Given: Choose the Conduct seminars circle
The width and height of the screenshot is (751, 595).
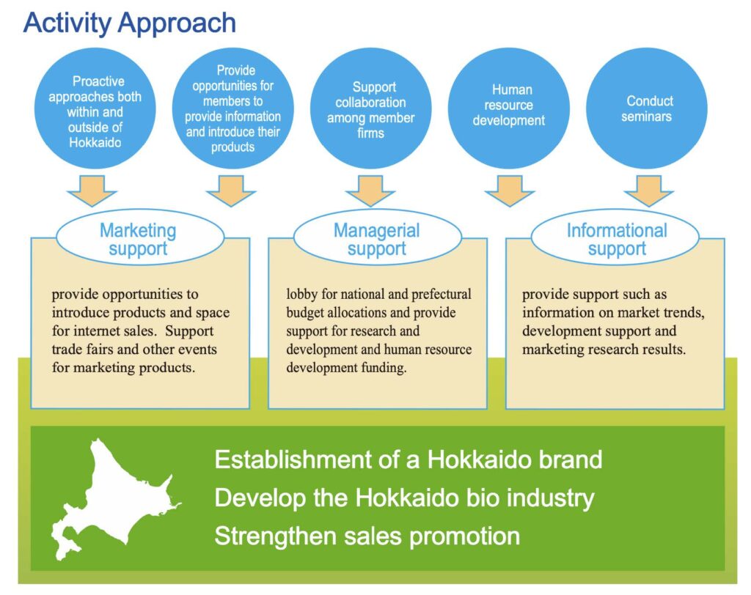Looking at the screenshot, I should coord(649,108).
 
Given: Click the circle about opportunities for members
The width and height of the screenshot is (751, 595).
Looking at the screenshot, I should coord(232,108).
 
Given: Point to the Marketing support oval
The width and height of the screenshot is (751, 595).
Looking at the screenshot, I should coord(138,240).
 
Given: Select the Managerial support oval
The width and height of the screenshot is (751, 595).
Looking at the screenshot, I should coord(376,240).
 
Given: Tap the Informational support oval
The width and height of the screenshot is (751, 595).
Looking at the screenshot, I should coord(616,240).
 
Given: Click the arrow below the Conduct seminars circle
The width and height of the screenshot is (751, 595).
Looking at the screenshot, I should coord(649,191).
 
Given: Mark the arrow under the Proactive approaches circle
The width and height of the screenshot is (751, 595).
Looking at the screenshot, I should coord(92,191).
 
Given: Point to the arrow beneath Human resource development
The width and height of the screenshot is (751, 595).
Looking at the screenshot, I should coord(510,191).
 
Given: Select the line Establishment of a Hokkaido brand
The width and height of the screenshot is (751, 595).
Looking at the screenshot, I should coord(408,459).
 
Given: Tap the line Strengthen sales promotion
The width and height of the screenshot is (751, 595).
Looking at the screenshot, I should coord(367,536).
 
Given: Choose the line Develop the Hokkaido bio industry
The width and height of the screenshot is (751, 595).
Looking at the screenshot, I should coord(404,498).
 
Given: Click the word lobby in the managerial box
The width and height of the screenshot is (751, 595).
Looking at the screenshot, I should coord(301,295).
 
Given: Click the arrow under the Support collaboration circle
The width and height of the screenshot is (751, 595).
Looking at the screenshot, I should coord(370,191).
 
